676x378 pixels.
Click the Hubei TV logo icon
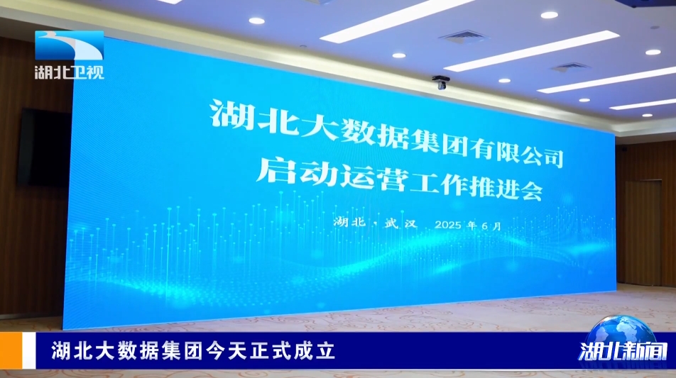coord(69,45)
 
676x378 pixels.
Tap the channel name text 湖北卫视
coord(70,72)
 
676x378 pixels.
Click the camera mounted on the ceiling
coord(440,82)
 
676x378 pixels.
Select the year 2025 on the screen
coord(449,225)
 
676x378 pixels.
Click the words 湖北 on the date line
coord(349,222)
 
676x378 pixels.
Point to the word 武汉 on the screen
coord(401,223)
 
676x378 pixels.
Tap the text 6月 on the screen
coord(491,226)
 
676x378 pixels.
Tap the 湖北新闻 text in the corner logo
coord(623,351)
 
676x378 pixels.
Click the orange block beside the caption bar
coord(11,350)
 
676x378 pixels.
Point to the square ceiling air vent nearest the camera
coord(462,37)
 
